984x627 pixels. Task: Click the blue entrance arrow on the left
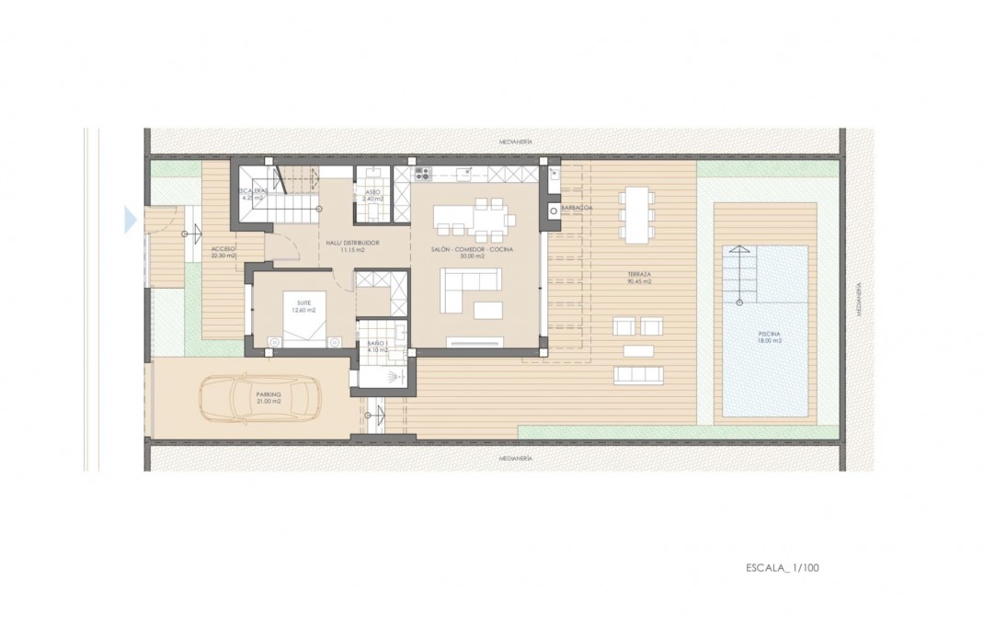click(x=130, y=220)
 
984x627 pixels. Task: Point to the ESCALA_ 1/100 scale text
click(x=782, y=568)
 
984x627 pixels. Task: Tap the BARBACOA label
click(x=575, y=209)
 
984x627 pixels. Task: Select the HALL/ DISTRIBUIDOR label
click(x=352, y=245)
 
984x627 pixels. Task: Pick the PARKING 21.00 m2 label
click(x=269, y=397)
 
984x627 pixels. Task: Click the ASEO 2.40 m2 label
click(x=372, y=195)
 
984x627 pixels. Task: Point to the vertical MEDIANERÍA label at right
click(x=858, y=299)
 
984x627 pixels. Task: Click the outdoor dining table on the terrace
click(x=636, y=214)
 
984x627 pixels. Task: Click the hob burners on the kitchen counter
click(x=422, y=172)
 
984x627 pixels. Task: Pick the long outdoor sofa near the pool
click(x=637, y=374)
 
